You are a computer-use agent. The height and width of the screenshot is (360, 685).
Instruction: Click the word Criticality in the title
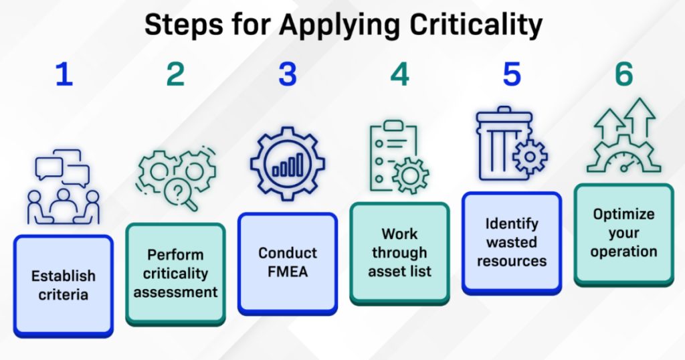coord(476,25)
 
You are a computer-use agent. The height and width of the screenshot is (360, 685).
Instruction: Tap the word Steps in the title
coord(183,25)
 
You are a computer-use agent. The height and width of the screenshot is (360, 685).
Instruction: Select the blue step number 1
coord(64,74)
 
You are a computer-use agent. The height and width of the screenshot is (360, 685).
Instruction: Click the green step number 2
coord(176,74)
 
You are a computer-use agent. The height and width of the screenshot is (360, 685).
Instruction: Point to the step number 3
coord(288,74)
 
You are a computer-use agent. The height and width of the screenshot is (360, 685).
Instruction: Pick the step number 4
coord(400,74)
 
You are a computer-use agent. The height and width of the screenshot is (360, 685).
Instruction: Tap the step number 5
coord(512,74)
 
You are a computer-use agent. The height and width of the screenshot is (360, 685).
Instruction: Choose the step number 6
coord(624,74)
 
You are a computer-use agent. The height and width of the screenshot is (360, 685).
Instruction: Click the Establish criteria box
coord(64,286)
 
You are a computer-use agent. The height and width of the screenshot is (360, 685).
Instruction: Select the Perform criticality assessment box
coord(176,274)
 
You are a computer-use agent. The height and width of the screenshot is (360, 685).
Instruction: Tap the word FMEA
coord(288,272)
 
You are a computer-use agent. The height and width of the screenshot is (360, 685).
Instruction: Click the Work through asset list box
coord(400,253)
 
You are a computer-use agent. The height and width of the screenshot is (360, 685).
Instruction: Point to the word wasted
coord(512,242)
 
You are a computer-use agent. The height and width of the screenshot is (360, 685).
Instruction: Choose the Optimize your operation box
coord(624,235)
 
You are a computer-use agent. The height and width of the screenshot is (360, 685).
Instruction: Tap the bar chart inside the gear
coord(288,165)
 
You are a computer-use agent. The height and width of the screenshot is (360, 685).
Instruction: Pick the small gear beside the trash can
coord(530,157)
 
